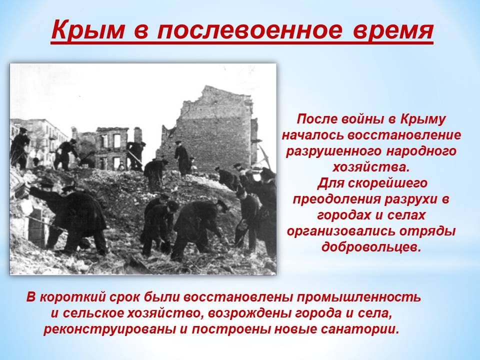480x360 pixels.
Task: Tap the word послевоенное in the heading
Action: click(x=249, y=31)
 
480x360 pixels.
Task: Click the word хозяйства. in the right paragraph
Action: click(x=370, y=167)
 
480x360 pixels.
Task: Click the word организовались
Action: click(x=346, y=231)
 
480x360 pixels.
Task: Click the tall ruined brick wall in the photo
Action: click(x=211, y=128)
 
